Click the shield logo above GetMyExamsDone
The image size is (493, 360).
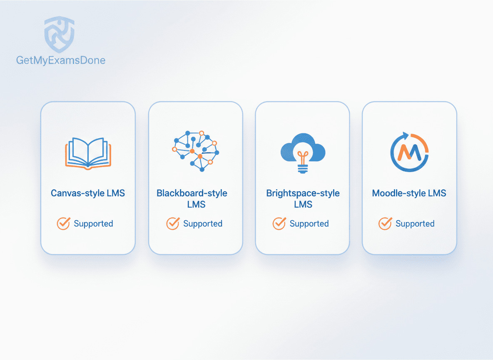[60, 34]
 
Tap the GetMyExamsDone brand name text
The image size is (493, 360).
[61, 60]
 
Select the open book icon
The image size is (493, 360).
[88, 153]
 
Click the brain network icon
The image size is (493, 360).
[196, 151]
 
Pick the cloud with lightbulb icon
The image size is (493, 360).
[303, 152]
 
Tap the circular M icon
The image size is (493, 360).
[409, 152]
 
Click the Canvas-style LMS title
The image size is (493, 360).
[88, 193]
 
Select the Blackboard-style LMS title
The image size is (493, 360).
[192, 199]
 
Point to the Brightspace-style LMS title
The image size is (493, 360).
[303, 199]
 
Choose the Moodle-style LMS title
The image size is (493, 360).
[409, 193]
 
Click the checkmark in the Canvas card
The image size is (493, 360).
[64, 223]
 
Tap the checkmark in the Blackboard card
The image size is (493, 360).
[173, 223]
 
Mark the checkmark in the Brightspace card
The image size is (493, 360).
[279, 223]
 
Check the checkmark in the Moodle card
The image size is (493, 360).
[385, 223]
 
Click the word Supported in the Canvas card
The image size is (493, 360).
[93, 224]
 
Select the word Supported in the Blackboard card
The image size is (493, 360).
[203, 224]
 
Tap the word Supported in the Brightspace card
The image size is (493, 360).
[309, 224]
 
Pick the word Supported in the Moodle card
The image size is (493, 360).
[415, 224]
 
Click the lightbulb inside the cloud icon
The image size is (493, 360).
[303, 161]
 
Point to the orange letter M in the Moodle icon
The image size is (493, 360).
[409, 152]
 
